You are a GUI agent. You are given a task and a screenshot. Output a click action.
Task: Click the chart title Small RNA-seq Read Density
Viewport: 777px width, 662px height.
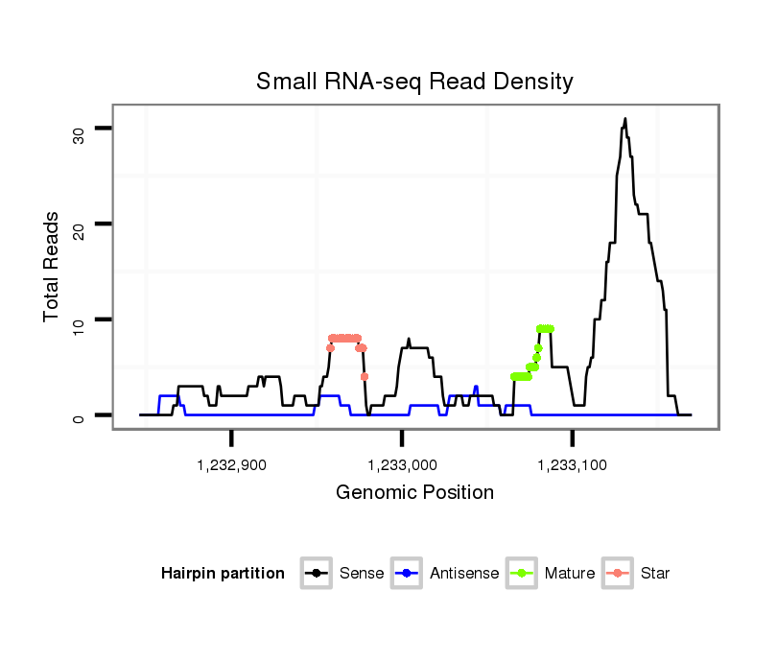[x=414, y=82]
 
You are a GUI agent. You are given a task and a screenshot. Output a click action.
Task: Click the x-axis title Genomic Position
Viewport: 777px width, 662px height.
[x=414, y=493]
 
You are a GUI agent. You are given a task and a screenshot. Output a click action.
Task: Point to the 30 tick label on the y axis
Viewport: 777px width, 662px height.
[x=79, y=134]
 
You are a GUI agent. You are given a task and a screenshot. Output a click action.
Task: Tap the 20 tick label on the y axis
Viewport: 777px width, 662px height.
[x=79, y=226]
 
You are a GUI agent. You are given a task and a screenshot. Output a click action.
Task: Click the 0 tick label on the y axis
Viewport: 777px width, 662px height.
[x=79, y=416]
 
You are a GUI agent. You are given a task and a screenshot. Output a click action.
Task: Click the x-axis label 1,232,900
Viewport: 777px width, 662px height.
[x=231, y=465]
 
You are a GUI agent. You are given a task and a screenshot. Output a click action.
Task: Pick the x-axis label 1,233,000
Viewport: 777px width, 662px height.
[x=402, y=465]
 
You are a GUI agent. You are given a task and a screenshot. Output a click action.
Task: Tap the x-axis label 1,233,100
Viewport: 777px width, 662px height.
[x=573, y=465]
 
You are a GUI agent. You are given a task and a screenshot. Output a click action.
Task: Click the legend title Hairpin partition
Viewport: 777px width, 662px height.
[x=223, y=574]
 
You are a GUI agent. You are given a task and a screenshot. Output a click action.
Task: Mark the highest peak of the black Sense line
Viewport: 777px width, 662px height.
[x=624, y=119]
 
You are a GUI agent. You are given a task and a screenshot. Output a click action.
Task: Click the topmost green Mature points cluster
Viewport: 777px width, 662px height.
[x=545, y=329]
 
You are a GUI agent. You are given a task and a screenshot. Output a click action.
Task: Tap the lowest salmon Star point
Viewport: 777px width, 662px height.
[x=365, y=376]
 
